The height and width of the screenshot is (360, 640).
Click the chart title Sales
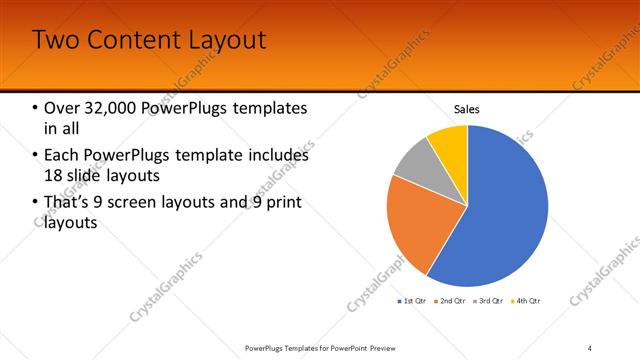coord(467,108)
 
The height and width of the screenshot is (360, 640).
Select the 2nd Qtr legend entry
coord(451,300)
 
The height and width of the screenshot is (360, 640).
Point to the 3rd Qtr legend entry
coord(489,300)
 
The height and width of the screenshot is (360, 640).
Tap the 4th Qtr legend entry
coord(526,300)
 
